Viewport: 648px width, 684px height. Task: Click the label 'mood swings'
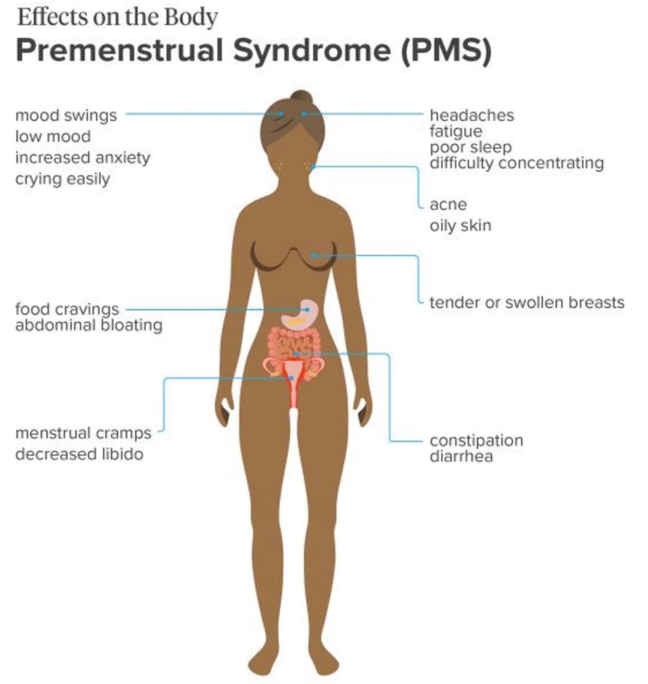coord(65,116)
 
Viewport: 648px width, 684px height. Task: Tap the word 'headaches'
coord(472,116)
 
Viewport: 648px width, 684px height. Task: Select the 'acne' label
coord(448,205)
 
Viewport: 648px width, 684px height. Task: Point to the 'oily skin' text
coord(460,225)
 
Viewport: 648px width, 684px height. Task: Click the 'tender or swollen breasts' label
coord(526,302)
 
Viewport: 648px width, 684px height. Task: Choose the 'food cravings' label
coord(67,310)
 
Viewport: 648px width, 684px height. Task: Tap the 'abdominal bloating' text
coord(88,326)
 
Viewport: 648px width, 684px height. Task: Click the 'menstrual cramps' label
coord(83,433)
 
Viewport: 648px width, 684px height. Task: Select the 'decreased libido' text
coord(79,454)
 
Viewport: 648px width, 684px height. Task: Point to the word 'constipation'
coord(476,441)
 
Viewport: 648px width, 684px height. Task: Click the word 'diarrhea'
coord(461,457)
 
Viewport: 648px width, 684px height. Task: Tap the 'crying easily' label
coord(62,179)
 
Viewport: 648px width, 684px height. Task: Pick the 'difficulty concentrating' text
coord(516,162)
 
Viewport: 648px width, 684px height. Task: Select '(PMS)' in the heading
coord(446,51)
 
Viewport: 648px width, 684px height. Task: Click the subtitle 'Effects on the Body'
coord(117,17)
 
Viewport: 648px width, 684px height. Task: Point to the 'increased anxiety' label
coord(82,158)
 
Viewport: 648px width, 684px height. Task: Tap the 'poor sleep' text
coord(470,147)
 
